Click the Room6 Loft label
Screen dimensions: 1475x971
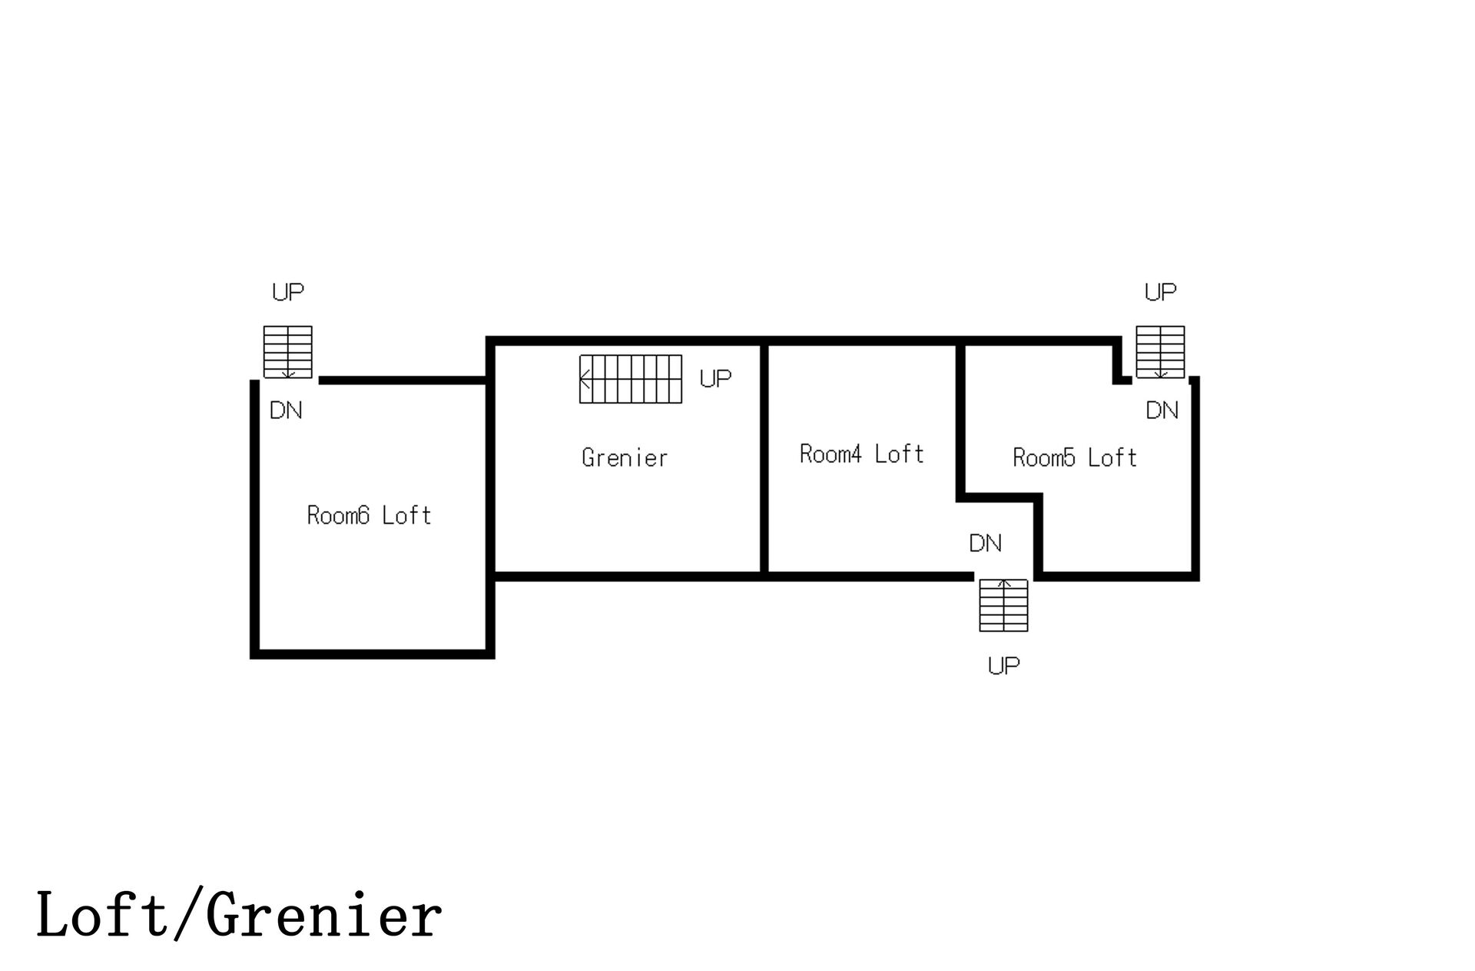pyautogui.click(x=369, y=515)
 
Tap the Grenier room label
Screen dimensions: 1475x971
pyautogui.click(x=625, y=458)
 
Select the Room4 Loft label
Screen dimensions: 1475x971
pyautogui.click(x=861, y=454)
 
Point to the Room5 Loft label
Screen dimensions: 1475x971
pyautogui.click(x=1075, y=458)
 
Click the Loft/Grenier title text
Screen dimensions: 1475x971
pyautogui.click(x=239, y=915)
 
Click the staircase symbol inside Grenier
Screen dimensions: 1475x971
pyautogui.click(x=631, y=379)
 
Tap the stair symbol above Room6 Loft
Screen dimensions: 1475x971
pyautogui.click(x=288, y=352)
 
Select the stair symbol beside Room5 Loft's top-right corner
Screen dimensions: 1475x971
pyautogui.click(x=1160, y=352)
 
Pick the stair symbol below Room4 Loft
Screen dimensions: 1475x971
pyautogui.click(x=1003, y=605)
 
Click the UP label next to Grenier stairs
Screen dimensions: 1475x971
pyautogui.click(x=715, y=378)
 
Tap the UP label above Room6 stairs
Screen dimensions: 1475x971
pyautogui.click(x=288, y=292)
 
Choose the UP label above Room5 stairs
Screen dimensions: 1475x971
pyautogui.click(x=1160, y=292)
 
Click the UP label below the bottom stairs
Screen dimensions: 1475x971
pyautogui.click(x=1003, y=666)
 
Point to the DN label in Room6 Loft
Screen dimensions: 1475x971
pyautogui.click(x=286, y=411)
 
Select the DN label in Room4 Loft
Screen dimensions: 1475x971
pyautogui.click(x=986, y=544)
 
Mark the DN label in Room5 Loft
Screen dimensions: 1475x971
pyautogui.click(x=1162, y=411)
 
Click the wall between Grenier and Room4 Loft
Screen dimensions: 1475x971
pyautogui.click(x=764, y=459)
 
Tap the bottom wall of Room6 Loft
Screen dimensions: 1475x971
pyautogui.click(x=372, y=654)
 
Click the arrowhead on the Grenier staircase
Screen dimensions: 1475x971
pyautogui.click(x=584, y=379)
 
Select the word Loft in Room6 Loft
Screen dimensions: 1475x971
pyautogui.click(x=406, y=515)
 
